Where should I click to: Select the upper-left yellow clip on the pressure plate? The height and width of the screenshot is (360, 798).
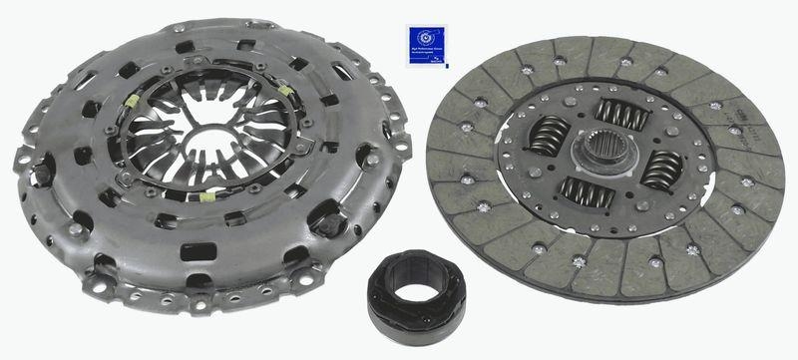133,103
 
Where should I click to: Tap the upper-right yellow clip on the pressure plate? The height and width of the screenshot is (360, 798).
286,92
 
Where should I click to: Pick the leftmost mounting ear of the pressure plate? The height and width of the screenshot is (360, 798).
23,158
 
